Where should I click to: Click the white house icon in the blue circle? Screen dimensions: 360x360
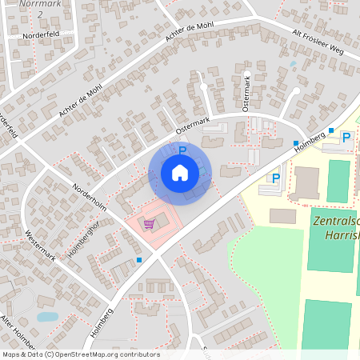(x=180, y=172)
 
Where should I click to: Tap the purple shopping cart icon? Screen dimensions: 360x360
(x=149, y=224)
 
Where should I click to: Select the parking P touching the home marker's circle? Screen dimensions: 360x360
(x=182, y=150)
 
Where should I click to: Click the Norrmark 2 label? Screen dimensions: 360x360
(x=40, y=8)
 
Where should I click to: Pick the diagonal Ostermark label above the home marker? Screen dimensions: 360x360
(x=192, y=125)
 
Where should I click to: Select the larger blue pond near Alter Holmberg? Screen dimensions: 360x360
(x=48, y=317)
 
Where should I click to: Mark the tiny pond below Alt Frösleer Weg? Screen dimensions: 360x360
(x=293, y=63)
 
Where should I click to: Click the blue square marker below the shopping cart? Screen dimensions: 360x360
(x=139, y=260)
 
